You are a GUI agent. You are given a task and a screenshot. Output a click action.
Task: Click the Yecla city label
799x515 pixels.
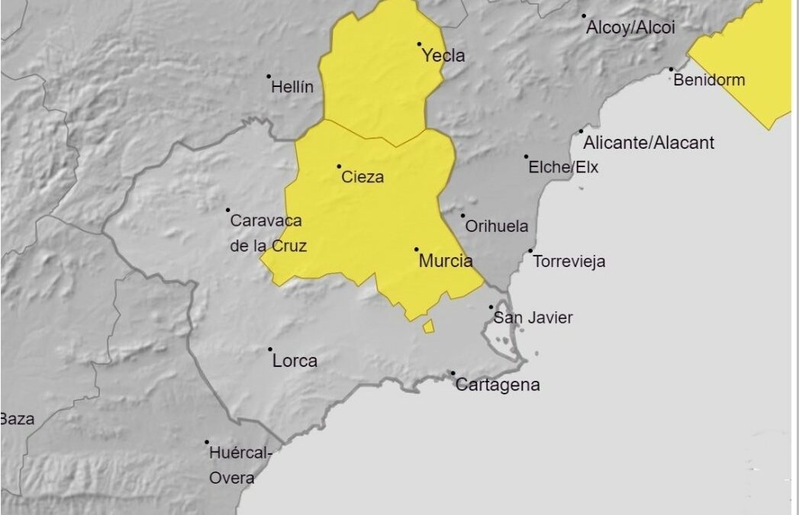[x=443, y=56]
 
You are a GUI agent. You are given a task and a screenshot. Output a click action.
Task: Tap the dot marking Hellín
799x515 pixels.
[x=269, y=76]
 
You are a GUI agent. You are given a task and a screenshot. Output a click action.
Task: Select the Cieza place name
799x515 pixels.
[x=362, y=177]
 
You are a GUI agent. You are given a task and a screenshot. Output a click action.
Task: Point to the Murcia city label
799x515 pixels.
[x=446, y=261]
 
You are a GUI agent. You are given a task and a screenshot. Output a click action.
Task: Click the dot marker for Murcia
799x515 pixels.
[x=417, y=249]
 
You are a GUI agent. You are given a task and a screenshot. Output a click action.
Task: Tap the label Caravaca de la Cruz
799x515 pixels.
[x=266, y=233]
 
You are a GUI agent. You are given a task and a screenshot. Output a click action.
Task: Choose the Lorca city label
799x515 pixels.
[x=295, y=361]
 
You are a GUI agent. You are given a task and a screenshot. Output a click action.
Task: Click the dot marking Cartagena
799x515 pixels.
[x=453, y=373]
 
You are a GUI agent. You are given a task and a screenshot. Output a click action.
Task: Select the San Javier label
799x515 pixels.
[x=533, y=317]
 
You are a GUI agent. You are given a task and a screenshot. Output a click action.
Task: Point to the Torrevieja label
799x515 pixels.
[x=569, y=262]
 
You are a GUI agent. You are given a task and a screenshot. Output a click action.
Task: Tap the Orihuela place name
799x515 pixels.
[x=496, y=227]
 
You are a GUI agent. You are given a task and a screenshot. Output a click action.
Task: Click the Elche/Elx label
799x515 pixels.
[x=563, y=167]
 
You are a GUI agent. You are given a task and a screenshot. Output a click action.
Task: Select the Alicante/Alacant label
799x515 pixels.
[x=649, y=143]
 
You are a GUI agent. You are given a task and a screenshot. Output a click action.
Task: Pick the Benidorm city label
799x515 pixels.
[x=709, y=80]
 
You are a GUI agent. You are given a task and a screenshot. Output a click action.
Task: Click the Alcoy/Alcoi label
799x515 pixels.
[x=630, y=27]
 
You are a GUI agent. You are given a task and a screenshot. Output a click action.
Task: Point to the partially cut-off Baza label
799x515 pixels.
[x=16, y=419]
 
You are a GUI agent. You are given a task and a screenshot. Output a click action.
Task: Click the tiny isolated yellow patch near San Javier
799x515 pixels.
[x=429, y=327]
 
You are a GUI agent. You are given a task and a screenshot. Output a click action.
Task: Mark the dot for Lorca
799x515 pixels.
[x=270, y=349]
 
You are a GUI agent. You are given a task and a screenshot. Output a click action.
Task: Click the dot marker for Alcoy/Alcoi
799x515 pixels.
[x=584, y=15]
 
